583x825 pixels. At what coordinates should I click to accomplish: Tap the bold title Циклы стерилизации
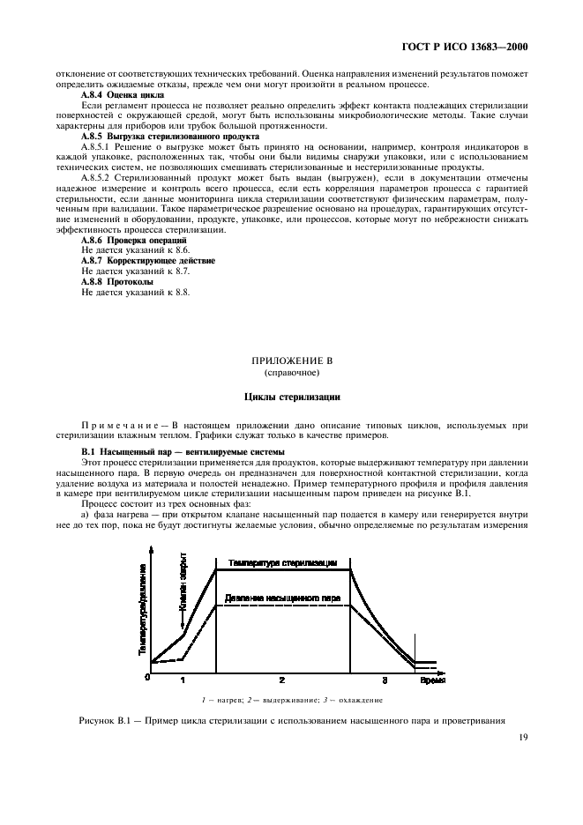coord(291,397)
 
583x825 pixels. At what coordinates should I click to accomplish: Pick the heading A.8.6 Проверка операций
coord(133,240)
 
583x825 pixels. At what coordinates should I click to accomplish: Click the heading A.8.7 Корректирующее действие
coord(148,261)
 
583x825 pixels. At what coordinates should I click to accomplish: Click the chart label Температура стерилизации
coord(283,561)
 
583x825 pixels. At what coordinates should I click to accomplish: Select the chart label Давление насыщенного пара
coord(283,598)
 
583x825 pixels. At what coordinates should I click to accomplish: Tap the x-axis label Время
coord(431,680)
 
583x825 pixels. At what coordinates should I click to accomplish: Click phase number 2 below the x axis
coord(282,680)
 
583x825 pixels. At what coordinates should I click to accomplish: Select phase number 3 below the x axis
coord(384,680)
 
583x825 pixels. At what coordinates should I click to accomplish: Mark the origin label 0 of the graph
coord(148,677)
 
